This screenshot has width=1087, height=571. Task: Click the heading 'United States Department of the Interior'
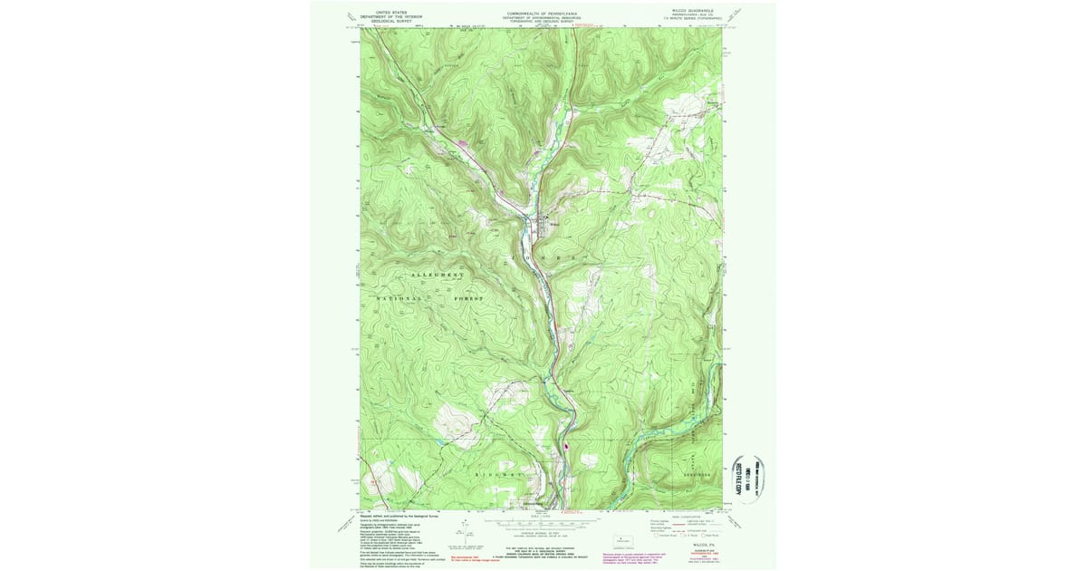coord(391,15)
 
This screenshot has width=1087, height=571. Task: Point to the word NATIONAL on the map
coord(398,298)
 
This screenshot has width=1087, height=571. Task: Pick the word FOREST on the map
coord(467,298)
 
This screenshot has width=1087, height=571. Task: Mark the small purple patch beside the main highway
coord(564,445)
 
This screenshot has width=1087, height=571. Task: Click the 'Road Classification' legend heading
coord(686,515)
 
